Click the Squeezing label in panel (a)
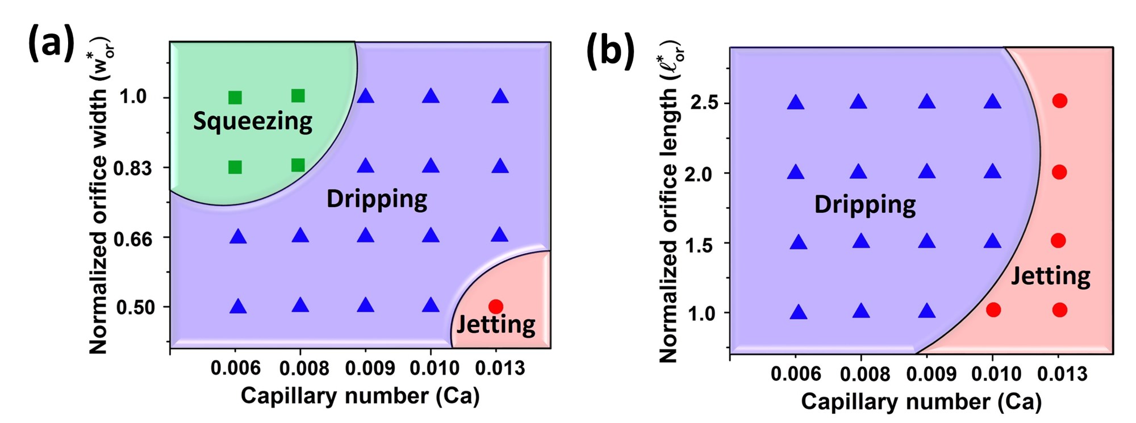pyautogui.click(x=253, y=122)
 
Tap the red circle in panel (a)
pyautogui.click(x=496, y=307)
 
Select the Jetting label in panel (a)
pyautogui.click(x=496, y=325)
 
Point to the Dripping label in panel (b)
pyautogui.click(x=864, y=204)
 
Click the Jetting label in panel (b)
pyautogui.click(x=1051, y=277)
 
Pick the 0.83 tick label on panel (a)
pyautogui.click(x=133, y=168)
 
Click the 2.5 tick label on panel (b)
pyautogui.click(x=704, y=103)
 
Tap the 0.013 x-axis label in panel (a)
pyautogui.click(x=500, y=368)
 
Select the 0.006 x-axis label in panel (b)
pyautogui.click(x=796, y=374)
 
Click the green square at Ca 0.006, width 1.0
pyautogui.click(x=235, y=98)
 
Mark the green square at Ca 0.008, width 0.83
pyautogui.click(x=298, y=165)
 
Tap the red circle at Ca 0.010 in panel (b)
pyautogui.click(x=993, y=310)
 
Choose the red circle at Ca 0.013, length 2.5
pyautogui.click(x=1060, y=101)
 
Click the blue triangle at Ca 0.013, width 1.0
pyautogui.click(x=500, y=97)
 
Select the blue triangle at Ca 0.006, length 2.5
pyautogui.click(x=796, y=103)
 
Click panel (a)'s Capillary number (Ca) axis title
pyautogui.click(x=360, y=396)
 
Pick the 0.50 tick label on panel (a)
pyautogui.click(x=135, y=308)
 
